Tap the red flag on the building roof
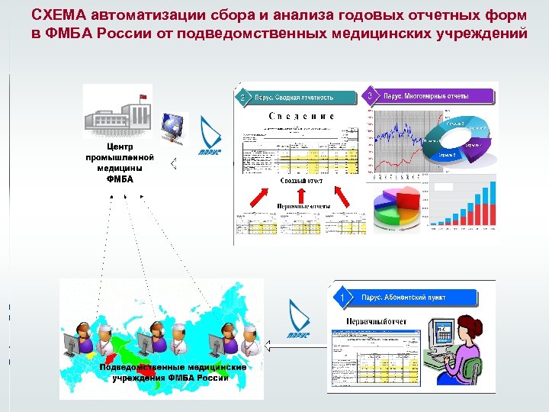141,95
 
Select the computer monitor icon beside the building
174,127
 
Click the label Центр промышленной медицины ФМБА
120,163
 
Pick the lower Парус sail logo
298,317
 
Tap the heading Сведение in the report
302,117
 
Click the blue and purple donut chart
457,136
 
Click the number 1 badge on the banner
345,295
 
